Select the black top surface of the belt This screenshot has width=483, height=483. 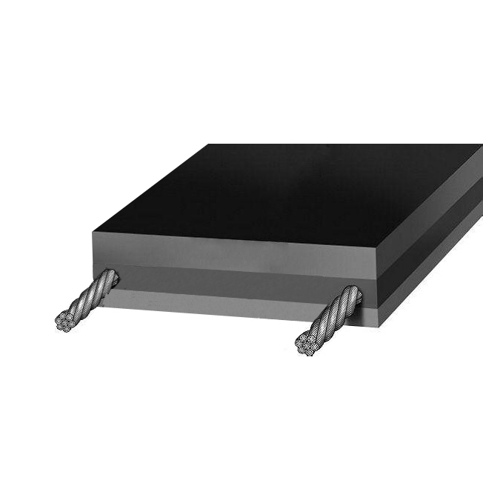289,189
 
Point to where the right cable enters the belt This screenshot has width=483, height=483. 353,298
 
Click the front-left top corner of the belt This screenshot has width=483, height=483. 93,233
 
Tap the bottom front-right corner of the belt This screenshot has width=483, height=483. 379,325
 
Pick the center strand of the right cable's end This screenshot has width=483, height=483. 305,343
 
